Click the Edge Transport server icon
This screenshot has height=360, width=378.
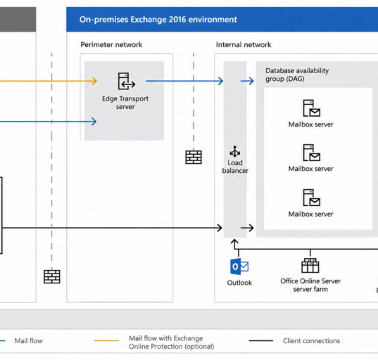coord(127,81)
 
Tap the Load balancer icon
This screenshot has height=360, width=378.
coord(235,151)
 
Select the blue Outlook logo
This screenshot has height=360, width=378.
coord(239,266)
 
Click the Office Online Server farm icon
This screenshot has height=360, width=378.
coord(310,266)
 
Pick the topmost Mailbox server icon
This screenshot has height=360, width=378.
coord(311,108)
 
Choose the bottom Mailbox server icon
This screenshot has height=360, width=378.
coord(311,198)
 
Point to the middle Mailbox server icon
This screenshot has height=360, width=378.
coord(311,153)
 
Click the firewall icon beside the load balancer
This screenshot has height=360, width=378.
coord(194,157)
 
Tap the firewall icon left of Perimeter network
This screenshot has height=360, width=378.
coord(52,277)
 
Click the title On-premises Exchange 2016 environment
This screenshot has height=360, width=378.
coord(158,20)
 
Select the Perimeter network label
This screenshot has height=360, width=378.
coord(111,45)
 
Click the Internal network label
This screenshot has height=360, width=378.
coord(244,45)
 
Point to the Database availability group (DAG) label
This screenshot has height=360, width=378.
coord(297,75)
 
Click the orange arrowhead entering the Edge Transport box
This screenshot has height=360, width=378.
coord(94,81)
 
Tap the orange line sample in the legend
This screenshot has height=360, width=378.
coord(106,341)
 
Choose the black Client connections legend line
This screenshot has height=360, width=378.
coord(261,341)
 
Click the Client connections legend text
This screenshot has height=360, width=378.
coord(311,341)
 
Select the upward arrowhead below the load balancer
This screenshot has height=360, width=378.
coord(234,242)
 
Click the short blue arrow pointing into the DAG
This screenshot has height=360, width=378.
coord(247,81)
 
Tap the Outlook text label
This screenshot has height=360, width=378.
coord(239,283)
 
